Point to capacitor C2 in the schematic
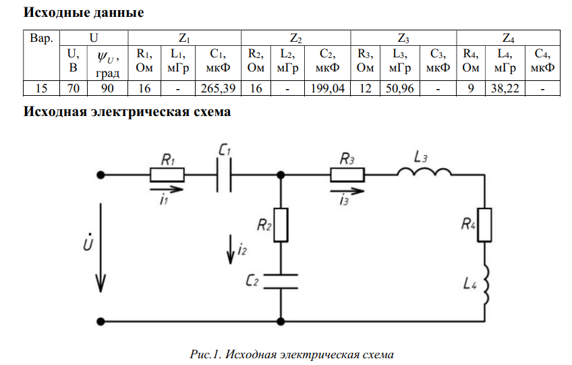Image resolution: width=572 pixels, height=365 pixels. point(280,281)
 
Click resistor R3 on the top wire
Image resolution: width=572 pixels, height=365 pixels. point(347,175)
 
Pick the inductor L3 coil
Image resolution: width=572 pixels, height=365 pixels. point(423,174)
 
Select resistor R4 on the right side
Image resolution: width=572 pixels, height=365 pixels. point(486,225)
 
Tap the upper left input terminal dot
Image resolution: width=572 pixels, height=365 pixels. point(101,175)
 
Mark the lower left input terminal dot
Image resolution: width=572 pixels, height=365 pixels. point(101,322)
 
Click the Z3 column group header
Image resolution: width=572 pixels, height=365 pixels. point(403,36)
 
